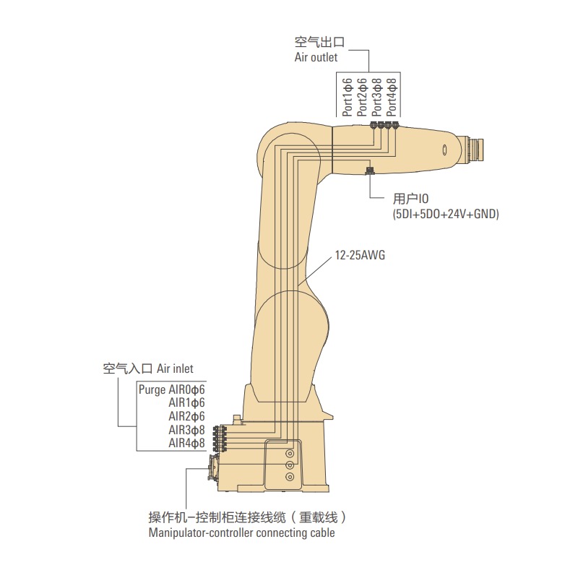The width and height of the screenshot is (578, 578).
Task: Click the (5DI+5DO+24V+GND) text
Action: (446, 215)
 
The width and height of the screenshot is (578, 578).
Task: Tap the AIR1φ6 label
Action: (187, 402)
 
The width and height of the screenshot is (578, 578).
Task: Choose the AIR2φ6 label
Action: (187, 416)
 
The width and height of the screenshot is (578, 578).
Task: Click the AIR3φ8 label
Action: (187, 430)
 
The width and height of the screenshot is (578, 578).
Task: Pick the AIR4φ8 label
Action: (187, 443)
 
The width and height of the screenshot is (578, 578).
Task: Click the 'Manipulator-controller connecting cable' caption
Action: (241, 534)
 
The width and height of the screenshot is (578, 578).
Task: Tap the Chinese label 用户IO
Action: (411, 199)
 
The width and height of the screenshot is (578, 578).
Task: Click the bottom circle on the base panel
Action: (290, 477)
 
